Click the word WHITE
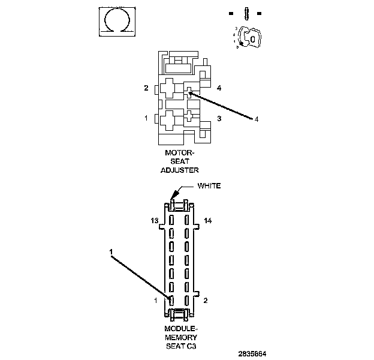pyautogui.click(x=209, y=185)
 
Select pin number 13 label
pyautogui.click(x=154, y=221)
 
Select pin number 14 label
pyautogui.click(x=208, y=221)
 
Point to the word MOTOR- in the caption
pyautogui.click(x=180, y=153)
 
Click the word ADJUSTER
pyautogui.click(x=179, y=170)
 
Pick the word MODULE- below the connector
pyautogui.click(x=180, y=329)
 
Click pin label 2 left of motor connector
pyautogui.click(x=146, y=88)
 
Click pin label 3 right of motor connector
pyautogui.click(x=219, y=119)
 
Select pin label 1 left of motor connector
pyautogui.click(x=146, y=118)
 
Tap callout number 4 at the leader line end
pyautogui.click(x=257, y=119)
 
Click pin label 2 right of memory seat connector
pyautogui.click(x=205, y=300)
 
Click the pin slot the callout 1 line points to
pyautogui.click(x=171, y=299)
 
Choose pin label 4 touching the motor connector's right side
pyautogui.click(x=219, y=88)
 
